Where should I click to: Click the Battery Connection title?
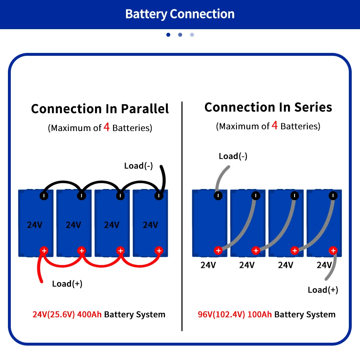(x=180, y=14)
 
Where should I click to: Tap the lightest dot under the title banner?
(x=192, y=35)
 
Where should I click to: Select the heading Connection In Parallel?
(x=100, y=109)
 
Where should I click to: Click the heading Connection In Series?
(x=268, y=107)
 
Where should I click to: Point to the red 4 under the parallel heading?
(x=107, y=127)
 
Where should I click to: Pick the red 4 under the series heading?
(x=275, y=125)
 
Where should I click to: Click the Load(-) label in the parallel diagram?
(x=139, y=166)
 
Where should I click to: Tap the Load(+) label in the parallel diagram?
(x=67, y=284)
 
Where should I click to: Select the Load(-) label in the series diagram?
(x=233, y=156)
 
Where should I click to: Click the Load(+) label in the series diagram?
(x=323, y=290)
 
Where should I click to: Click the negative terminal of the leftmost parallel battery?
(x=44, y=196)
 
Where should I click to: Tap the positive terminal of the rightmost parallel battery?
(x=159, y=251)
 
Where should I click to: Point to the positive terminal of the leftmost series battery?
(x=218, y=251)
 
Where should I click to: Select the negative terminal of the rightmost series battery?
(x=333, y=195)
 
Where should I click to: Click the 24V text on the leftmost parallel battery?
(x=35, y=225)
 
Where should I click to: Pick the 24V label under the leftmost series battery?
(x=208, y=265)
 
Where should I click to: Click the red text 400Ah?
(x=89, y=314)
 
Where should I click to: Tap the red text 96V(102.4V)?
(x=221, y=314)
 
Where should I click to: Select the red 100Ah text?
(x=260, y=314)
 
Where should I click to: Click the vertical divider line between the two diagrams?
(x=182, y=216)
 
